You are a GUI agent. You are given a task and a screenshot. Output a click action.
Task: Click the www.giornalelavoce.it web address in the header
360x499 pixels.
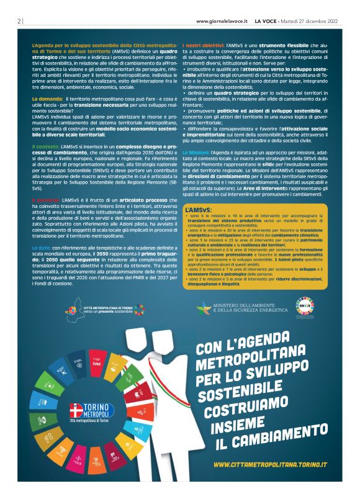tap(222, 20)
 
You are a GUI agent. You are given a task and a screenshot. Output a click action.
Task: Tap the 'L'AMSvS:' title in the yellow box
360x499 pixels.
tap(198, 211)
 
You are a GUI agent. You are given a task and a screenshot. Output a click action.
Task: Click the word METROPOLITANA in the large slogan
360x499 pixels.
tap(245, 362)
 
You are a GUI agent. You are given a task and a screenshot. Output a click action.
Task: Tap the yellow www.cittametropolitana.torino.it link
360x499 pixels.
tap(270, 464)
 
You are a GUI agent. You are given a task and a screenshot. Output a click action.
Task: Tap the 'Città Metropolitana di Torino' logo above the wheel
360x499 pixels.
tap(106, 308)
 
